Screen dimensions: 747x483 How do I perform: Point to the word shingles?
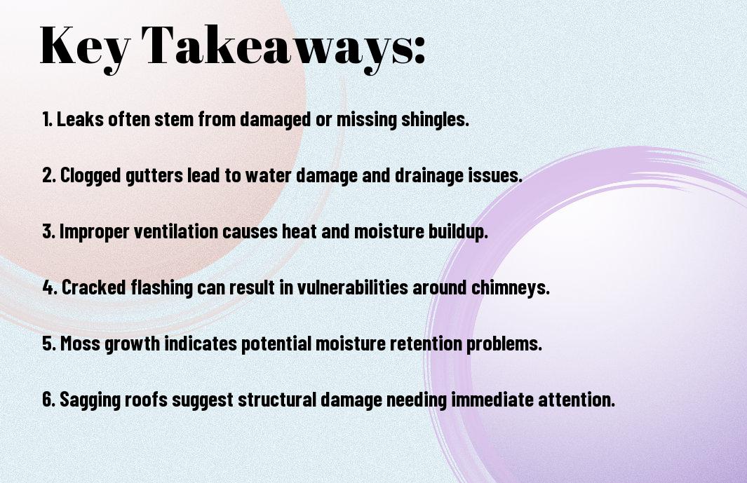[x=436, y=120]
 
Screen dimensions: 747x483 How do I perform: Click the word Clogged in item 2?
[x=90, y=176]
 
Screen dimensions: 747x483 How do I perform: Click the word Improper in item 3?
[x=94, y=232]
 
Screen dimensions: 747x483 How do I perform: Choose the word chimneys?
[x=510, y=287]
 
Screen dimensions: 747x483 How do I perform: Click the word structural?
[x=277, y=399]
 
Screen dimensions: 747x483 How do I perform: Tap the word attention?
[x=577, y=399]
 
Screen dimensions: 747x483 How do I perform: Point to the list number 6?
[x=48, y=399]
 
